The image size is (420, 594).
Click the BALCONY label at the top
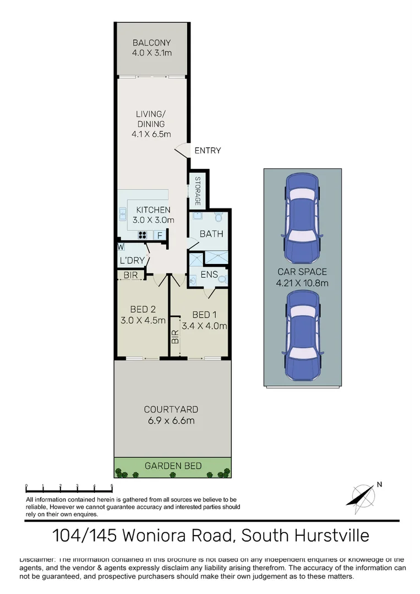point(151,43)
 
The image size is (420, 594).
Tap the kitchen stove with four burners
point(142,235)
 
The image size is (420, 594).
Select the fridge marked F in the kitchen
point(160,235)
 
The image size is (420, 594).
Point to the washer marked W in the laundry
point(120,247)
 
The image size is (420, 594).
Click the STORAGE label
point(197,191)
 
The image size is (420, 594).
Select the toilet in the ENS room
point(221,279)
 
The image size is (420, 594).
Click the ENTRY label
point(208,150)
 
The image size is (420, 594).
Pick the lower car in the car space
point(302,335)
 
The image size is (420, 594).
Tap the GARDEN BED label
point(173,466)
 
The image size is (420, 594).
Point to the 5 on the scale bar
point(112,486)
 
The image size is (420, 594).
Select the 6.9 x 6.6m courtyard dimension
point(171,421)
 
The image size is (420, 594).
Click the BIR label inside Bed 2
point(131,274)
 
